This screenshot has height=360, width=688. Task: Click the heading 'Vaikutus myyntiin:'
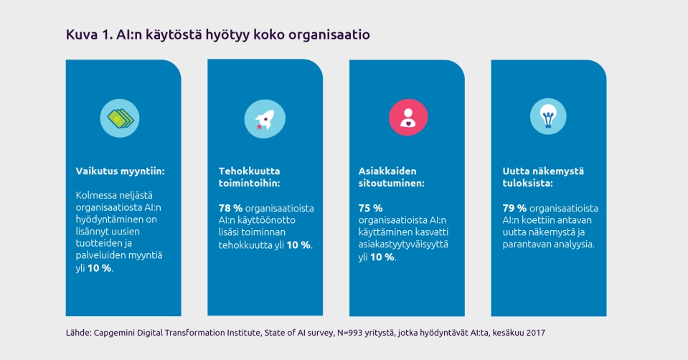[x=121, y=171]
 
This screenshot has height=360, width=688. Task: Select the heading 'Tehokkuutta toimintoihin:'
[x=250, y=177]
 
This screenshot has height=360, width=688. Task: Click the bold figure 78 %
[x=230, y=208]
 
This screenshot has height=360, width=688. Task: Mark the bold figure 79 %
[x=514, y=208]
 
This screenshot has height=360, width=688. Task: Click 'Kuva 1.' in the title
[x=90, y=34]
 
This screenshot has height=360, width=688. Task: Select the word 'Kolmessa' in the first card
[x=98, y=194]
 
